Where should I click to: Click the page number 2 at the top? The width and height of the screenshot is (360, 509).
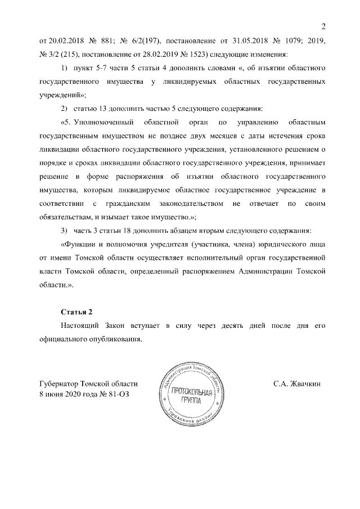point(323,26)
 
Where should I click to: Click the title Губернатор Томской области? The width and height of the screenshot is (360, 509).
point(89,385)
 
